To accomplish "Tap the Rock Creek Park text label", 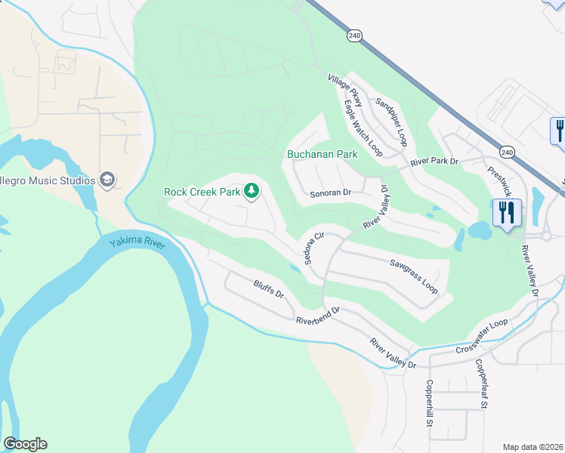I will click(x=202, y=193).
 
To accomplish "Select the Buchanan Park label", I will click(x=322, y=154).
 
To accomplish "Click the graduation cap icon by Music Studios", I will click(x=107, y=180).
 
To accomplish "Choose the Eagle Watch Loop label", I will click(x=363, y=128).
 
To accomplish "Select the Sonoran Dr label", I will click(x=331, y=193).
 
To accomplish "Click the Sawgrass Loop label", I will click(x=414, y=276).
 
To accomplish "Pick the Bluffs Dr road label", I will click(x=268, y=288).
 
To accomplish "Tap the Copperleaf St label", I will click(x=480, y=384).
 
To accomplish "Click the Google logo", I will click(x=25, y=444).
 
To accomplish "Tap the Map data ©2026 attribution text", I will click(x=533, y=446).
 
